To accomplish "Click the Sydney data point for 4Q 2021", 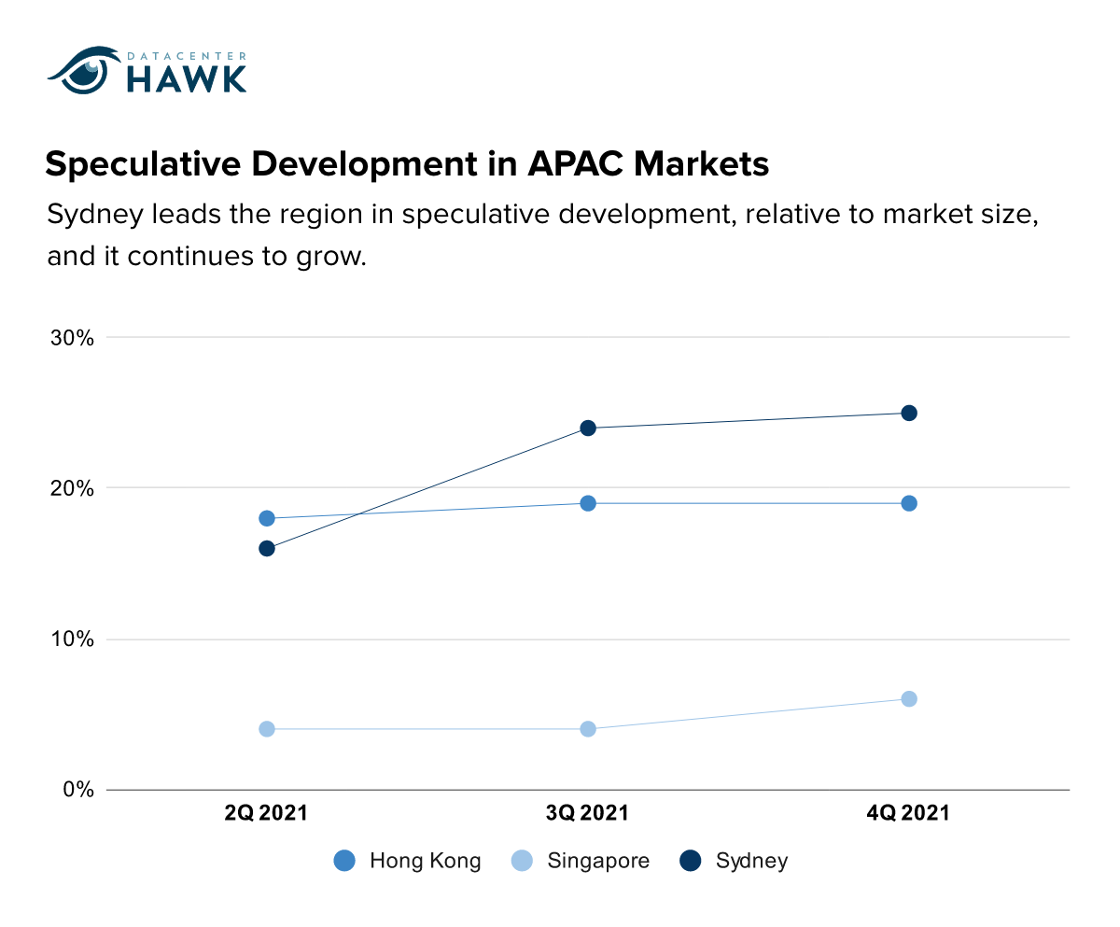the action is pyautogui.click(x=909, y=413).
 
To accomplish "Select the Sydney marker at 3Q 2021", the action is pyautogui.click(x=588, y=428).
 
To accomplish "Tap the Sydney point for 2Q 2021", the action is pyautogui.click(x=267, y=548).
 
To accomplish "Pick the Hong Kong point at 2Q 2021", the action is pyautogui.click(x=267, y=518).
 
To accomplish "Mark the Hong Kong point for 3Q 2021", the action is pyautogui.click(x=588, y=503).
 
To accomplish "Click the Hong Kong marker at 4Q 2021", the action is pyautogui.click(x=909, y=503).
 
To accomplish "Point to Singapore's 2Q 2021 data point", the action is pyautogui.click(x=267, y=729).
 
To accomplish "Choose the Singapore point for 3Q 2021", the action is pyautogui.click(x=588, y=729).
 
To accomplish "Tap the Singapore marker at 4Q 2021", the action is pyautogui.click(x=909, y=699).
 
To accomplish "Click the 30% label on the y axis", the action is pyautogui.click(x=72, y=338).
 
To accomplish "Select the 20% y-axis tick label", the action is pyautogui.click(x=72, y=489).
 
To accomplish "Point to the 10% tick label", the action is pyautogui.click(x=73, y=639).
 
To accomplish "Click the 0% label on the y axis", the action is pyautogui.click(x=78, y=790).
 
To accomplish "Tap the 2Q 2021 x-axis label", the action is pyautogui.click(x=266, y=813).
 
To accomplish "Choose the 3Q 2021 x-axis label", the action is pyautogui.click(x=587, y=813).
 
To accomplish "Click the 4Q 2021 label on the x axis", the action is pyautogui.click(x=908, y=813).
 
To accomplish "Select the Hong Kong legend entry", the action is pyautogui.click(x=407, y=861).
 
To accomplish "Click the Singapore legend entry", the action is pyautogui.click(x=581, y=861).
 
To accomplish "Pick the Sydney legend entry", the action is pyautogui.click(x=734, y=861).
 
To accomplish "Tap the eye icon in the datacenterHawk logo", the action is pyautogui.click(x=85, y=70).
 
